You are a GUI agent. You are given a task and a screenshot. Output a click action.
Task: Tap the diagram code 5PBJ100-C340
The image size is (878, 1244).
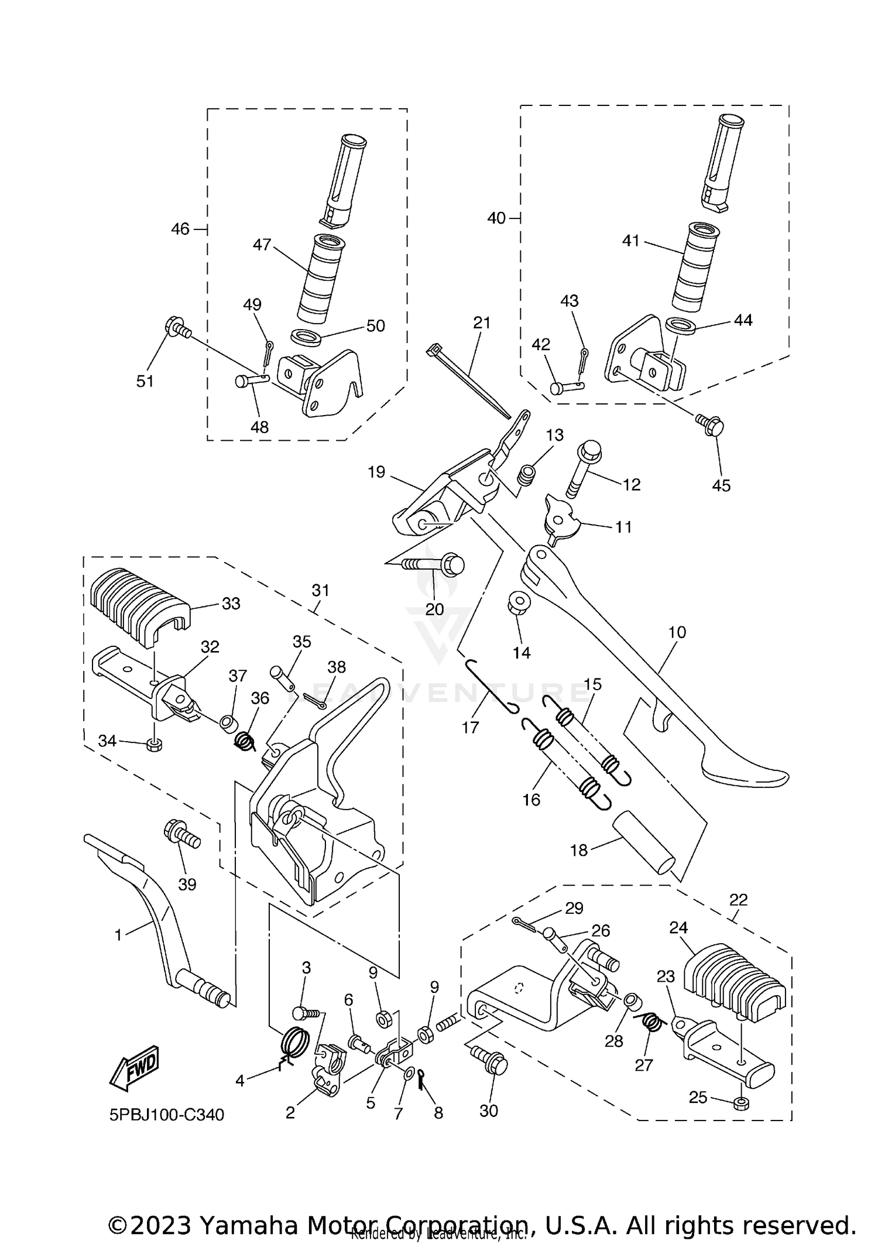click(167, 1115)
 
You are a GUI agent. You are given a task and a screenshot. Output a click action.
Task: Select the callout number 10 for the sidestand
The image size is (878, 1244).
click(677, 632)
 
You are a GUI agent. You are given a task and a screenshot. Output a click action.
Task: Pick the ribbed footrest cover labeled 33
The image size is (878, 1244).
click(142, 604)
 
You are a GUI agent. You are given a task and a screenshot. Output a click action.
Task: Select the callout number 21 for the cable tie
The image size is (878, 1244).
click(482, 323)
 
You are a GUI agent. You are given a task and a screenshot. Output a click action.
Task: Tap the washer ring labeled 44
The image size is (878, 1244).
click(680, 325)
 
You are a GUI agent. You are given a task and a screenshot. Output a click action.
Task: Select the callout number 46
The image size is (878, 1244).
click(180, 229)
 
